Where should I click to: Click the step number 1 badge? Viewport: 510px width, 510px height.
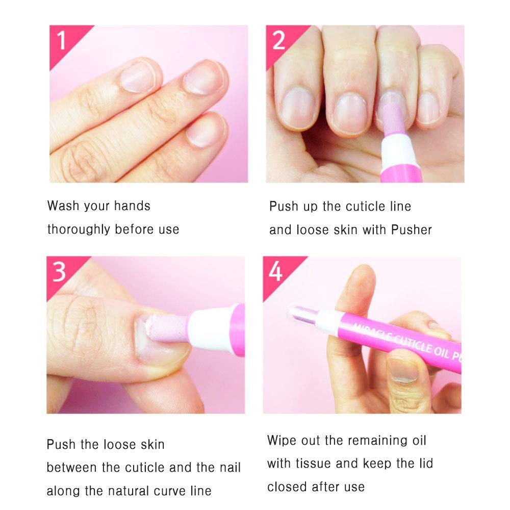[62, 40]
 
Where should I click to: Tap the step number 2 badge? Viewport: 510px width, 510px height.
[278, 40]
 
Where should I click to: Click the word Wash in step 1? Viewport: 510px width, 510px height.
[63, 206]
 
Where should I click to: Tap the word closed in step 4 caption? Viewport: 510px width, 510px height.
[289, 487]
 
